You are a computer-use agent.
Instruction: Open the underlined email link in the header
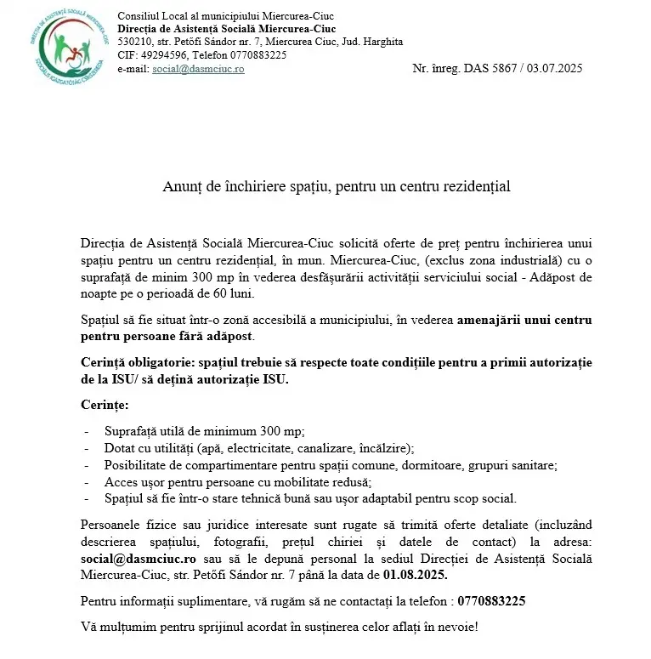point(198,69)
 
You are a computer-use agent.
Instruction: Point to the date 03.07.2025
point(556,69)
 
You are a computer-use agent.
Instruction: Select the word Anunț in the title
point(181,186)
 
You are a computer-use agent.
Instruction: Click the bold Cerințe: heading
point(105,404)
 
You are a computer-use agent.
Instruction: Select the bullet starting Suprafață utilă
point(204,431)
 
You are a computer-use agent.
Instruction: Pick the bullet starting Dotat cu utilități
point(259,448)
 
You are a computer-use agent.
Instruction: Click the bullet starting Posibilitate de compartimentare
point(331,465)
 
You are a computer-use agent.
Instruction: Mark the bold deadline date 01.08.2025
point(416,576)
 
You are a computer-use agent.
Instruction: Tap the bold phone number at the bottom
point(491,601)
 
